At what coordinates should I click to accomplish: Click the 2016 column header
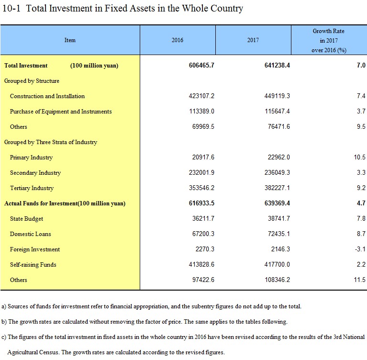pos(177,40)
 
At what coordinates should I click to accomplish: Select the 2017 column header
pos(253,40)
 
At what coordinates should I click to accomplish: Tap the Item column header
pos(70,40)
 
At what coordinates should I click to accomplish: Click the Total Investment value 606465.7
pos(201,65)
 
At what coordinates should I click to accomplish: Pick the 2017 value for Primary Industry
pos(279,157)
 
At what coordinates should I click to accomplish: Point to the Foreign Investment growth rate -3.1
pos(360,249)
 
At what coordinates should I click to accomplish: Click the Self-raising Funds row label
pos(33,264)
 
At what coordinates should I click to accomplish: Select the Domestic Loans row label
pos(31,234)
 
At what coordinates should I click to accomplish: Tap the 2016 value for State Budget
pos(203,218)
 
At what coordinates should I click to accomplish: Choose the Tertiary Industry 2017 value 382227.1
pos(277,188)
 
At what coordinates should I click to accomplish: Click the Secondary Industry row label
pos(35,173)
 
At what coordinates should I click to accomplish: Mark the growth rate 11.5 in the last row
pos(359,280)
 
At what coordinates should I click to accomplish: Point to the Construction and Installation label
pos(47,96)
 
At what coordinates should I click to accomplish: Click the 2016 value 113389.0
pos(201,111)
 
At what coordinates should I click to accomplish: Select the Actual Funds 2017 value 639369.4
pos(277,203)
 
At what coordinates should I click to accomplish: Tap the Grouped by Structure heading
pos(32,81)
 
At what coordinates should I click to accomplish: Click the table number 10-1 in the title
pos(11,8)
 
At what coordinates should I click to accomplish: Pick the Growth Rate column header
pos(329,41)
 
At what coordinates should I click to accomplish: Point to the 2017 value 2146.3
pos(280,249)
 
